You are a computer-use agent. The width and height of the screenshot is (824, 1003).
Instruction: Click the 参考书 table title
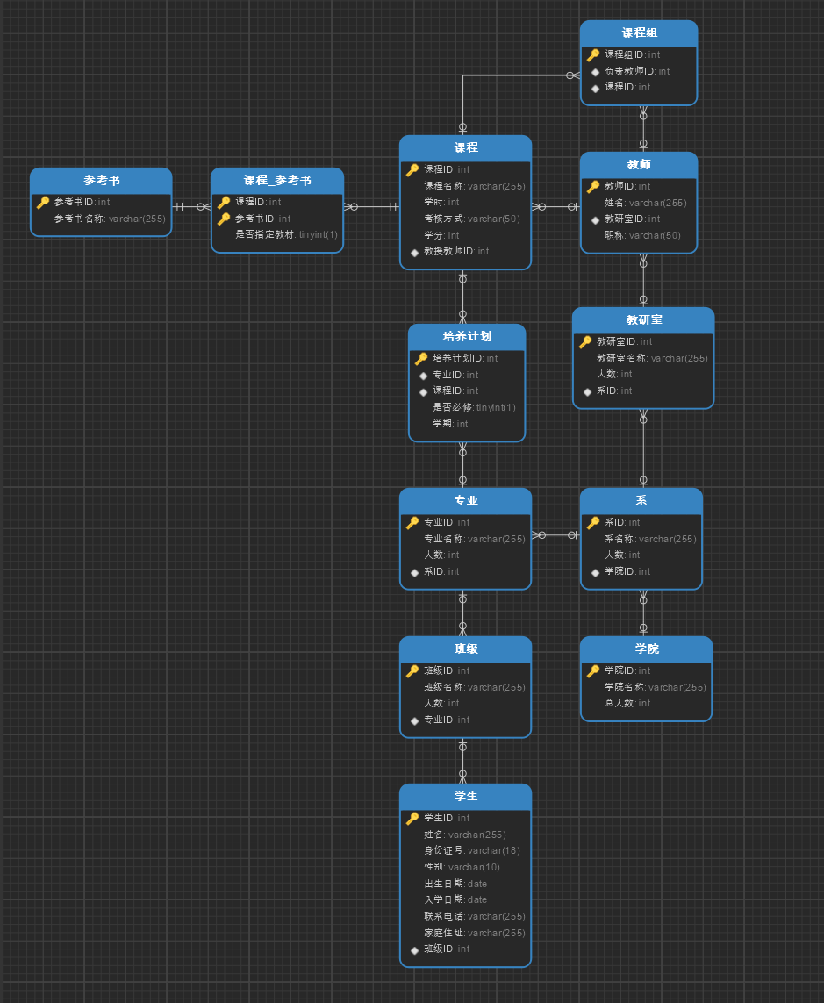102,181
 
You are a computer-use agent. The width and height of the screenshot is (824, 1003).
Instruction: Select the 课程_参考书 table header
277,181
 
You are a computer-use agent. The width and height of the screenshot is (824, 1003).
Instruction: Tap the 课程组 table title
639,32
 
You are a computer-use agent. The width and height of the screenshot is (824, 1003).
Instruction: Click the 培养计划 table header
467,336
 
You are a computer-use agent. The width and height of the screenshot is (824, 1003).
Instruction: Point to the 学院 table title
647,648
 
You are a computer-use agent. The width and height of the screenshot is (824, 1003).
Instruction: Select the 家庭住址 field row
474,933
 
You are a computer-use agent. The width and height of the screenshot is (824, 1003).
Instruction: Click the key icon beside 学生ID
412,818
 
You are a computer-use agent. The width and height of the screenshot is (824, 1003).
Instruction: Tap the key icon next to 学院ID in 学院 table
593,671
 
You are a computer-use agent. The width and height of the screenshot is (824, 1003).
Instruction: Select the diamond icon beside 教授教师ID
414,252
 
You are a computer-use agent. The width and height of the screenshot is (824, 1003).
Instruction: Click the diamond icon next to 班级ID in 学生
414,949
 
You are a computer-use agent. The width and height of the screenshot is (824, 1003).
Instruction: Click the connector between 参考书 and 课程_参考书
191,206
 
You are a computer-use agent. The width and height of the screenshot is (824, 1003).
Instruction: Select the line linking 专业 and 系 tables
555,534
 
